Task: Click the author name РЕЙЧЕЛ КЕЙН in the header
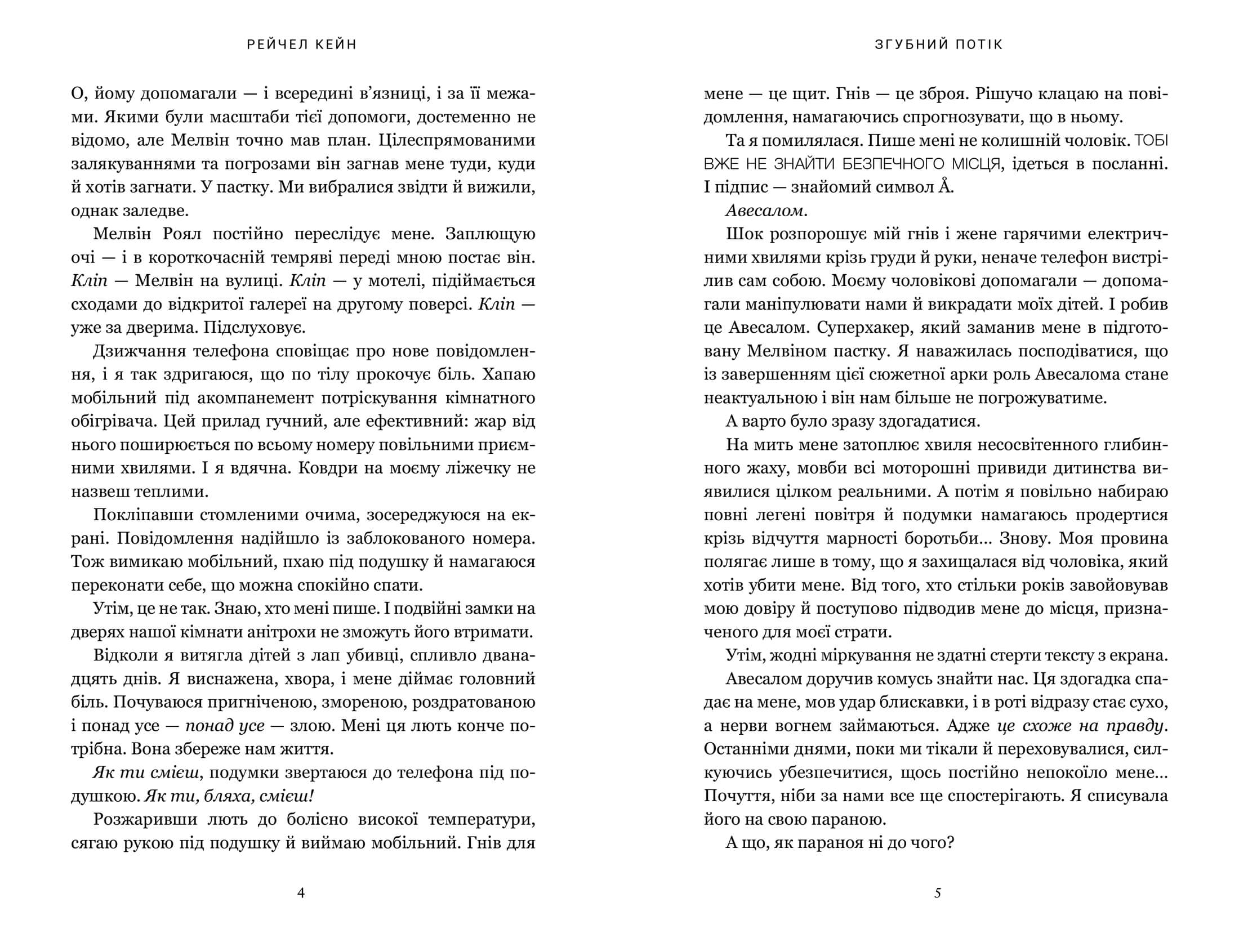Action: point(302,45)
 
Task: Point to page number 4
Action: point(301,893)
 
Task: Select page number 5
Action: point(938,893)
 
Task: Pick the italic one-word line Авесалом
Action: point(766,211)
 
